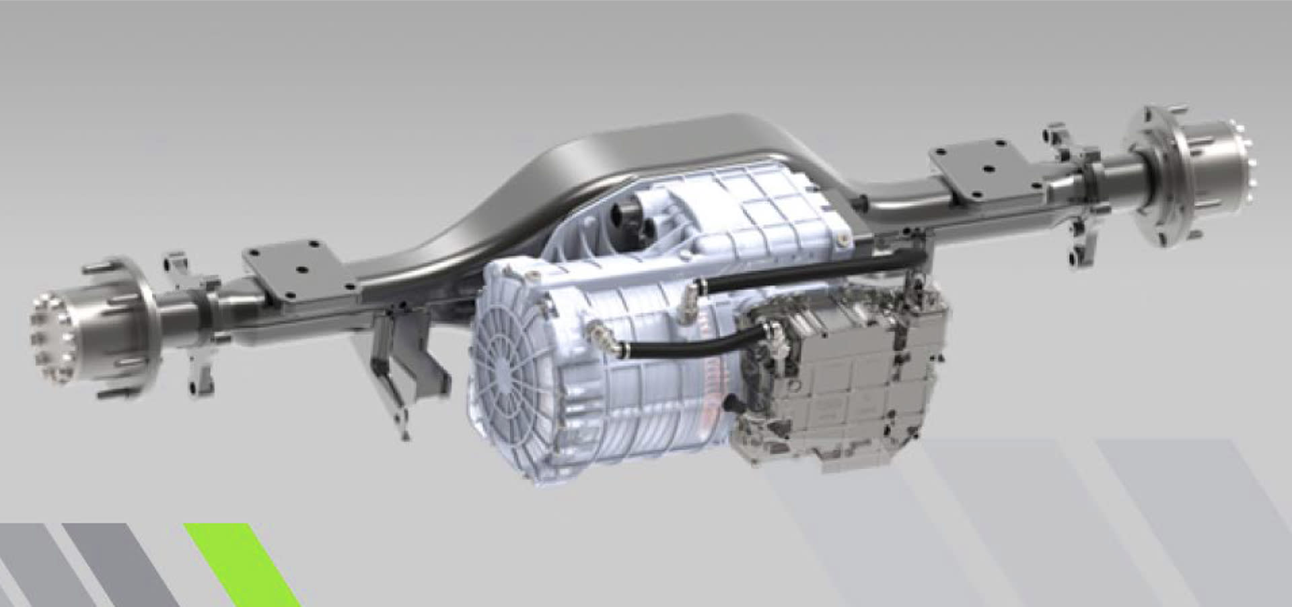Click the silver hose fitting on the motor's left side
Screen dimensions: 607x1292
(596, 330)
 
